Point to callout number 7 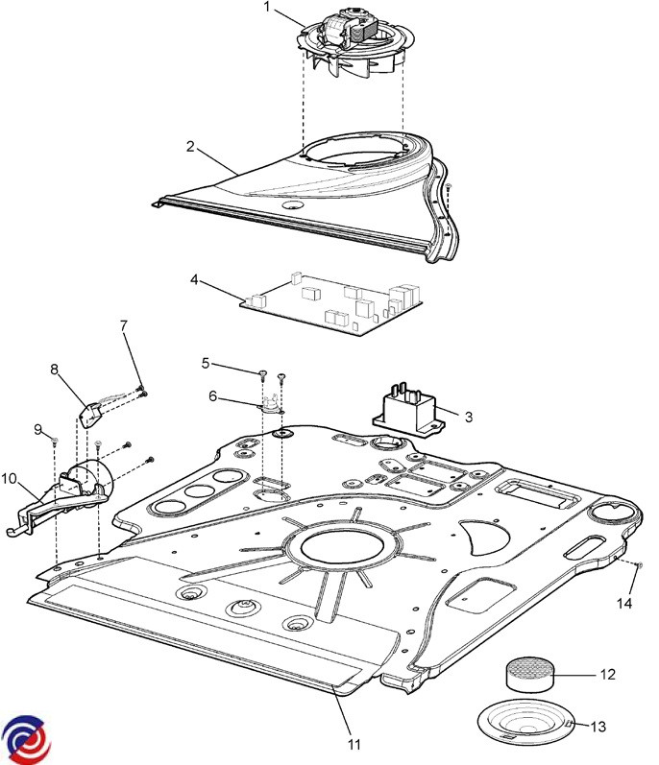123,326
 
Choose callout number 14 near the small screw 626,603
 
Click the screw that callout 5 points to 261,372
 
